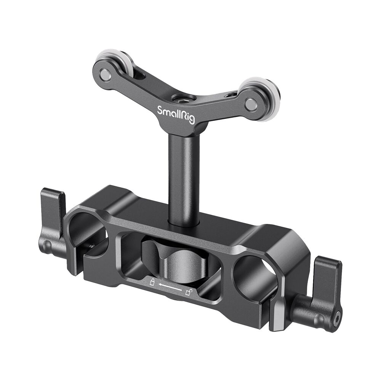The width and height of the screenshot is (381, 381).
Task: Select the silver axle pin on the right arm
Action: tap(250, 104)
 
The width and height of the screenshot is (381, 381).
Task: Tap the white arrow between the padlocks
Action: tap(170, 288)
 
